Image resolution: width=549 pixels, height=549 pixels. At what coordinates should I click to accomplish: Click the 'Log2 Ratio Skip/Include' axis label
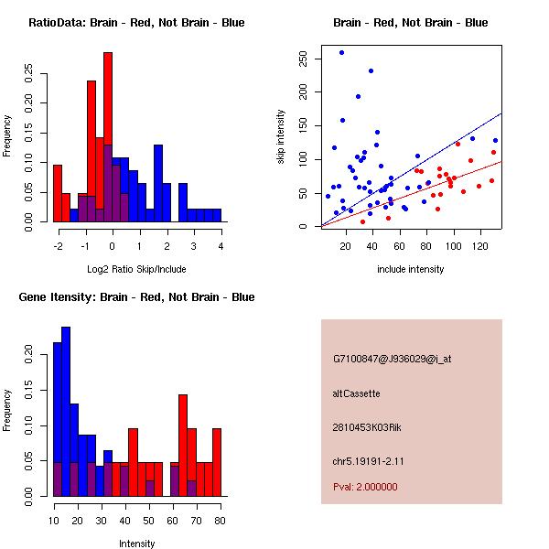(136, 269)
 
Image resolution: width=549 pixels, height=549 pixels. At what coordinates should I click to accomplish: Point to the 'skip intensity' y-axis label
(282, 137)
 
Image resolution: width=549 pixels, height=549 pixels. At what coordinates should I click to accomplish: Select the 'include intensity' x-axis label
(411, 269)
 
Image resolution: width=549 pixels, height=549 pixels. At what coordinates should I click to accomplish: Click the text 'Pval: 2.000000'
(365, 487)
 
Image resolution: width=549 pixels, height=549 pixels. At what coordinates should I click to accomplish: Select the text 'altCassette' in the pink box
(356, 393)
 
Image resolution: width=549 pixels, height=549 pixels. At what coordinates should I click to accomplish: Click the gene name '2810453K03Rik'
(364, 427)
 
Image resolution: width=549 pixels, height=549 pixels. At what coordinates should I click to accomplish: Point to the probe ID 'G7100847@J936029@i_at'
(393, 359)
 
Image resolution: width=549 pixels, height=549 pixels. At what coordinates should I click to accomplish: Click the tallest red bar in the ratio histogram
(108, 137)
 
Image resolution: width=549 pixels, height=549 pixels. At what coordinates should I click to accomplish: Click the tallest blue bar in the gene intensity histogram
(66, 412)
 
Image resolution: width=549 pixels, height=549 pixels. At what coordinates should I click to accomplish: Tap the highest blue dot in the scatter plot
(341, 53)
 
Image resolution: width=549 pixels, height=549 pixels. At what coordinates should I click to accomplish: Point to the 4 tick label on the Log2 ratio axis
(221, 246)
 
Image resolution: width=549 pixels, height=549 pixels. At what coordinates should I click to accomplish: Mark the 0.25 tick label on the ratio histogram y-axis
(29, 74)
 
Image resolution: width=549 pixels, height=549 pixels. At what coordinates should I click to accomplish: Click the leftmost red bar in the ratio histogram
(58, 193)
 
